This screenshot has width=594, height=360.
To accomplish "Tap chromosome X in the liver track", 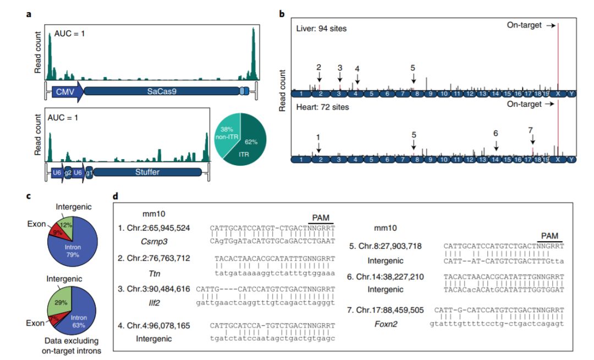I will click(x=558, y=94).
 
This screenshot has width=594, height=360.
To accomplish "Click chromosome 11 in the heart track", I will click(x=457, y=160).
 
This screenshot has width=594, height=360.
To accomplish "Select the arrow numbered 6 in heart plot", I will click(x=496, y=144).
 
